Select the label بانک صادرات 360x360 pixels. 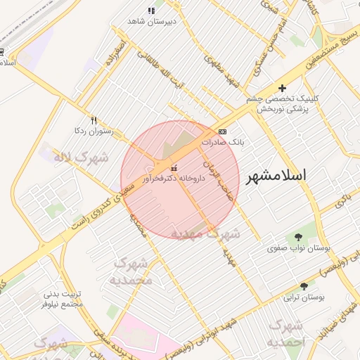[x=223, y=142]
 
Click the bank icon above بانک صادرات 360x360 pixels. [x=223, y=131]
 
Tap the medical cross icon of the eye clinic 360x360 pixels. [x=282, y=89]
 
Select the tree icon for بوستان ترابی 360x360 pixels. [x=304, y=286]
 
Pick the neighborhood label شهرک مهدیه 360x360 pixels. [x=214, y=233]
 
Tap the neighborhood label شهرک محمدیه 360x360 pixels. [x=132, y=271]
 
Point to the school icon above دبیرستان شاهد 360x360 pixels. [x=151, y=11]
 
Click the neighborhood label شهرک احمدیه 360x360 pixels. [x=285, y=333]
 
